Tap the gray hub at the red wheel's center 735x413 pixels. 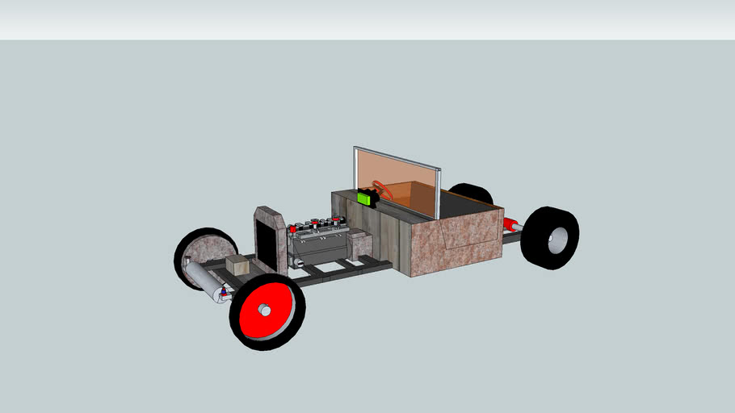[x=264, y=311]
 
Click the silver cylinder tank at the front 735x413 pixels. [x=201, y=278]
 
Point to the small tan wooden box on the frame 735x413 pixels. [x=237, y=265]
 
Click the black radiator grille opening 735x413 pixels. [x=266, y=243]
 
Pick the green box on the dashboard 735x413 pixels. [x=367, y=197]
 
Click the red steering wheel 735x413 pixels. [x=383, y=190]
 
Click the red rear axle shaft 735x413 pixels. [x=510, y=225]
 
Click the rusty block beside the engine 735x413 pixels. [x=359, y=244]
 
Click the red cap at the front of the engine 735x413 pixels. [x=292, y=229]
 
